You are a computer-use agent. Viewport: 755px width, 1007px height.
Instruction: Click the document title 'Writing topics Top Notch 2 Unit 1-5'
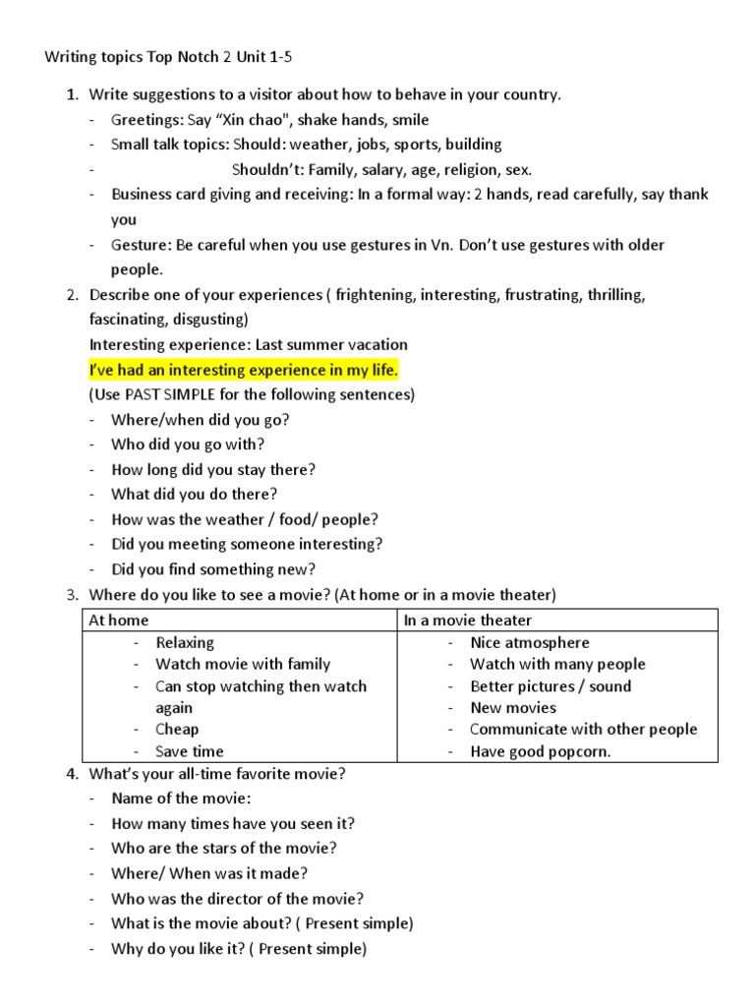pyautogui.click(x=168, y=57)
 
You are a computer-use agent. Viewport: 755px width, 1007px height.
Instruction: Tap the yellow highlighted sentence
pyautogui.click(x=244, y=370)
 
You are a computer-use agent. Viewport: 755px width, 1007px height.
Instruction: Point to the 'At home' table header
pyautogui.click(x=118, y=620)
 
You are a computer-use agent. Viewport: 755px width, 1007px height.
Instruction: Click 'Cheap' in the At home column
pyautogui.click(x=177, y=729)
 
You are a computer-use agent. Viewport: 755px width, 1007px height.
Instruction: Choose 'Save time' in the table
pyautogui.click(x=190, y=751)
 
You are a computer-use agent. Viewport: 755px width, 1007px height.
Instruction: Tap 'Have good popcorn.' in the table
pyautogui.click(x=540, y=751)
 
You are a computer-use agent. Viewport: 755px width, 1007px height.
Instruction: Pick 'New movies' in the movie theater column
pyautogui.click(x=513, y=707)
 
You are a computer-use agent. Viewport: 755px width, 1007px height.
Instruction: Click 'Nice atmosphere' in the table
pyautogui.click(x=530, y=642)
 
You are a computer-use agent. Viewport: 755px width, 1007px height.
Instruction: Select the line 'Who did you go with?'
pyautogui.click(x=188, y=444)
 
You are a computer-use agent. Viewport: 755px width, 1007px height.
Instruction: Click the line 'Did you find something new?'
pyautogui.click(x=213, y=568)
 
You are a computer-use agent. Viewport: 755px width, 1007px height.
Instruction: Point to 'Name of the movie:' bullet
pyautogui.click(x=181, y=798)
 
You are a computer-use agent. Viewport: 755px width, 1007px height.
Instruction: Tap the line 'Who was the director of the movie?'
pyautogui.click(x=238, y=898)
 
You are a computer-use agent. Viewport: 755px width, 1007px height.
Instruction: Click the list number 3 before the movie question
pyautogui.click(x=72, y=594)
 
